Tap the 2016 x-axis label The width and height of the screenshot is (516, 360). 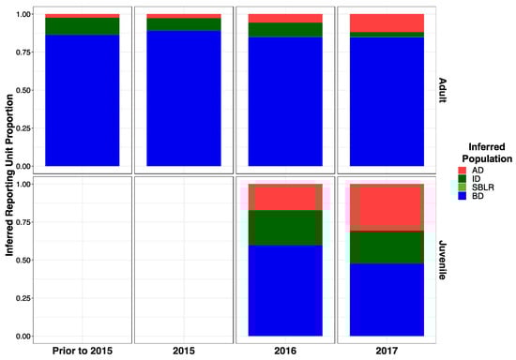[x=285, y=352]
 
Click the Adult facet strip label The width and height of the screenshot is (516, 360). [x=442, y=90]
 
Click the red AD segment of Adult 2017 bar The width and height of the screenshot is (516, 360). [x=387, y=22]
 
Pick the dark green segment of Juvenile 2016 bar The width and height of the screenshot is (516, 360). [x=285, y=228]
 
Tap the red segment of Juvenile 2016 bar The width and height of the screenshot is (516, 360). [x=285, y=197]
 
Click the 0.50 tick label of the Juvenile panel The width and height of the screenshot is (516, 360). [x=23, y=260]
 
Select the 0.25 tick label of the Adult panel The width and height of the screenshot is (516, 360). [x=23, y=127]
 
